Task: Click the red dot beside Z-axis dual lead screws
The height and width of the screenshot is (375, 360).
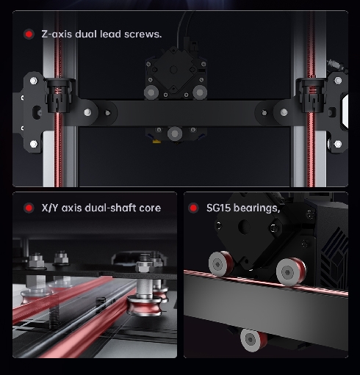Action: pos(29,34)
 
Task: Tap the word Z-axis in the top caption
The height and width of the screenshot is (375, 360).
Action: pos(57,34)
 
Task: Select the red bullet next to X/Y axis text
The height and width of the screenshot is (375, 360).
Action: pos(29,208)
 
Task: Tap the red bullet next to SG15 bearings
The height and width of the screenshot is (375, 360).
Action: pos(193,208)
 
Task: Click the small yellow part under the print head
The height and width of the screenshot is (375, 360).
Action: pos(156,141)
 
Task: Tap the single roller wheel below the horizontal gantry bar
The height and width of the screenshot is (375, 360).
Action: pos(175,134)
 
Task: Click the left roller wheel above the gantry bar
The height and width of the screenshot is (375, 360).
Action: pos(151,92)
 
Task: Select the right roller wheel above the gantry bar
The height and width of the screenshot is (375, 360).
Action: pos(200,92)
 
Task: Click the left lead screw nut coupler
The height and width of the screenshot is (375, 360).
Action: pos(58,95)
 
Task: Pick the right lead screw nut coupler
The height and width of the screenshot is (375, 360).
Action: pos(312,95)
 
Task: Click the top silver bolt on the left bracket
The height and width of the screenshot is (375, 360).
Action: pos(34,81)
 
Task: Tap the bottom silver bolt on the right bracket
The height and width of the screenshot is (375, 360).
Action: pos(338,144)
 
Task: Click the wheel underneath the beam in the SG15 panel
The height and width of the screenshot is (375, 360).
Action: pos(253,340)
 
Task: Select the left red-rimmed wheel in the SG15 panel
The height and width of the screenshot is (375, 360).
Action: pos(220,263)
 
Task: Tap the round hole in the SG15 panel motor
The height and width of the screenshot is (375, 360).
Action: pos(244,226)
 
